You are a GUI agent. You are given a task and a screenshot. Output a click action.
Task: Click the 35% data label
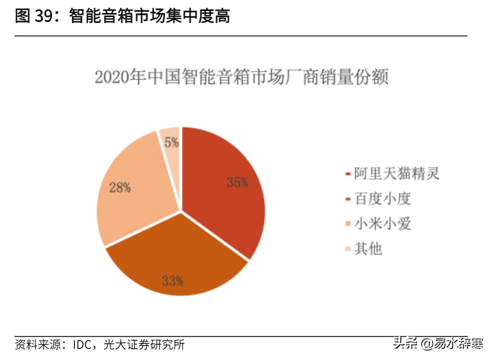coord(237,182)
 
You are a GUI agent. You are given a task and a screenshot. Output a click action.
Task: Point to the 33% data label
coord(172,281)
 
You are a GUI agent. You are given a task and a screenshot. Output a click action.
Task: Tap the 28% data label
coord(120,187)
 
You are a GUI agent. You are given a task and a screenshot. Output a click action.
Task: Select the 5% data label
coord(172,143)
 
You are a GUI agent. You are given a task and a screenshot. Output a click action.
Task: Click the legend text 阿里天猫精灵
coord(397,173)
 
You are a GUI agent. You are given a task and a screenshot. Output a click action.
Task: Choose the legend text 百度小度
coord(382,199)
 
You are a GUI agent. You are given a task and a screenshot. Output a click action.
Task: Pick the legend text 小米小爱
coord(382,223)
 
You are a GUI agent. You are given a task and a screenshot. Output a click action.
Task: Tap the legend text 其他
coord(368,249)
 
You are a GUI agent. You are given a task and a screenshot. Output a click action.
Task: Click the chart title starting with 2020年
coord(241,77)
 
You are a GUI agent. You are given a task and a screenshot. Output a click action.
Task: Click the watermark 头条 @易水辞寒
coord(438,344)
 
